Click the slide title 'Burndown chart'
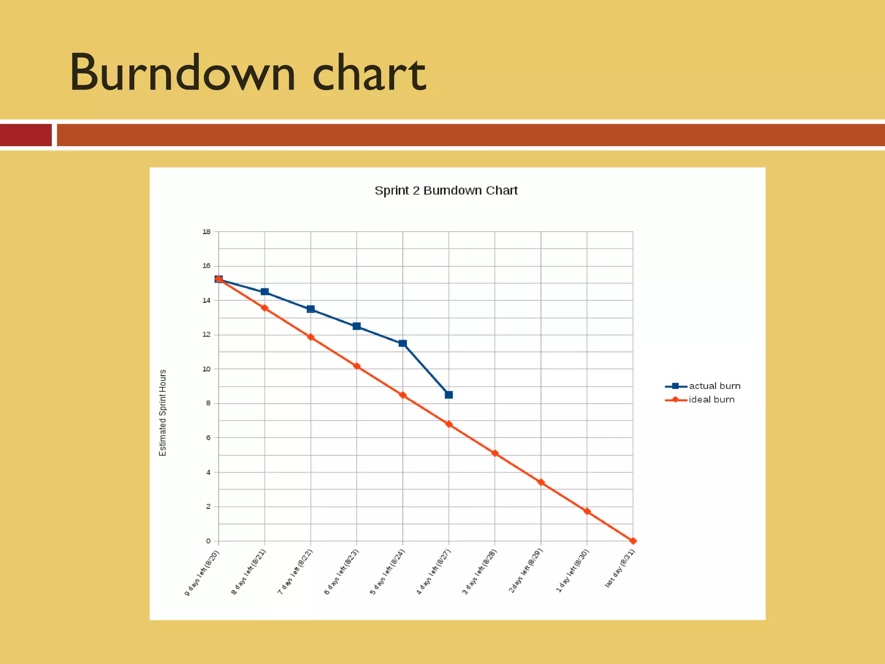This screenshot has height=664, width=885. (x=248, y=73)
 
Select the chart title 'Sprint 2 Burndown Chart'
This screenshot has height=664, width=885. (x=446, y=191)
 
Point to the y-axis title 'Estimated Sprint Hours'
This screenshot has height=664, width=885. (x=163, y=412)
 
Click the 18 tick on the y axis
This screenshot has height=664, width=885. (x=207, y=232)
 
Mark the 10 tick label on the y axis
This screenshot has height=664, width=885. (x=207, y=369)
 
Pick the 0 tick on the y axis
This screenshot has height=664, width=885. (x=208, y=541)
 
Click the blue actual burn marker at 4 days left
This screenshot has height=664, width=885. (x=449, y=395)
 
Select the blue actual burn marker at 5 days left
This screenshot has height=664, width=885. (x=403, y=343)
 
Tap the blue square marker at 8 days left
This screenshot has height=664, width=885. (x=265, y=292)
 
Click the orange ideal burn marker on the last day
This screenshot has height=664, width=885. (x=633, y=541)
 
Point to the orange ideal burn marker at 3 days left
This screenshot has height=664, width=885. (x=495, y=453)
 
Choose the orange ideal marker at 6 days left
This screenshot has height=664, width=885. (x=357, y=366)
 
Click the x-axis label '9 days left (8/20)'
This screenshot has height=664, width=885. (x=202, y=573)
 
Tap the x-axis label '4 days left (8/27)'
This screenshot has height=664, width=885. (x=433, y=572)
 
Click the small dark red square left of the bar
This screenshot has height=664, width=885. (x=26, y=135)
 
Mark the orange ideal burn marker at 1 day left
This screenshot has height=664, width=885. (x=587, y=511)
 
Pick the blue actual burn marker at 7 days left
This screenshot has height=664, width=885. (x=311, y=309)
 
